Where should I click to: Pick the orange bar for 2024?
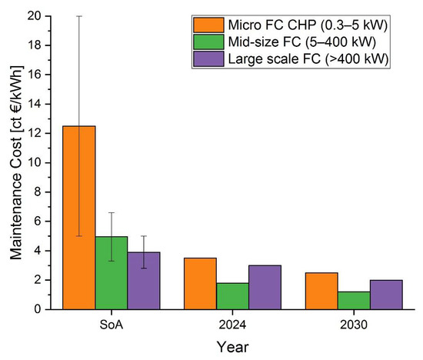pyautogui.click(x=201, y=283)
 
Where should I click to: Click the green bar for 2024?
pyautogui.click(x=233, y=296)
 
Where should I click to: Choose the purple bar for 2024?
pyautogui.click(x=265, y=287)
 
